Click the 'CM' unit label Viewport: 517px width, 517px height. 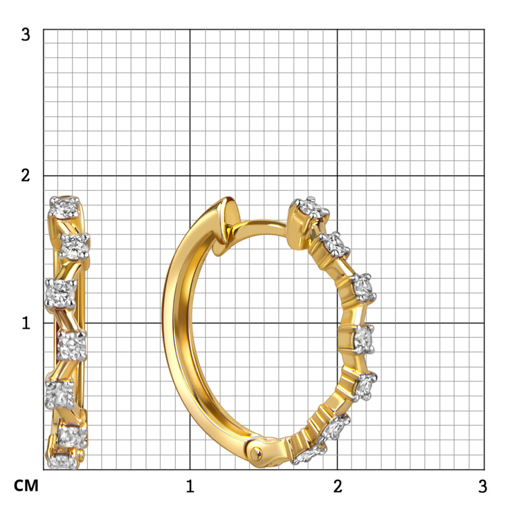26,486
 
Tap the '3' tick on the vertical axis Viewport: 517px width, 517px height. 26,34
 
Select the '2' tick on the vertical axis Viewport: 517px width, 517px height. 26,175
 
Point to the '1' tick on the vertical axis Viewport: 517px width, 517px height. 26,323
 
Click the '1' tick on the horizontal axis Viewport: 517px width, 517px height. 190,486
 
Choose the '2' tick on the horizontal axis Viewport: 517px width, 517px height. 337,486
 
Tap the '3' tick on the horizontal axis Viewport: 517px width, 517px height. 482,486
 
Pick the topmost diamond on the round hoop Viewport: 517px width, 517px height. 310,208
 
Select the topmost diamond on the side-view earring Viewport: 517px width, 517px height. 64,207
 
